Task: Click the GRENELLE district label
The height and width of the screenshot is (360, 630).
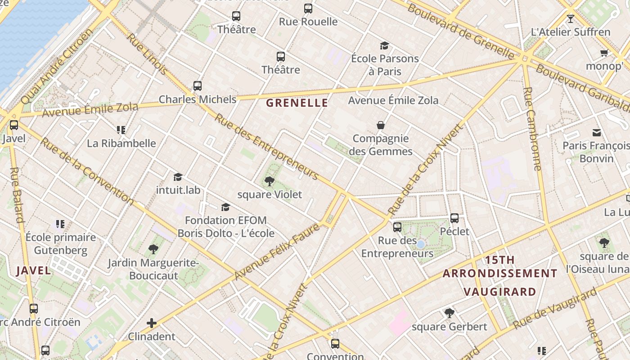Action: (x=297, y=103)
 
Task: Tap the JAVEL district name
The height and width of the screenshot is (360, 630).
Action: (x=33, y=270)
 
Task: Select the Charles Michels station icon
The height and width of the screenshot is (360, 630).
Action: (x=197, y=86)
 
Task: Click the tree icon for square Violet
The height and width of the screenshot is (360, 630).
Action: (x=270, y=181)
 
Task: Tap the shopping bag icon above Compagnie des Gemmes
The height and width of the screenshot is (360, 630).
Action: (x=381, y=125)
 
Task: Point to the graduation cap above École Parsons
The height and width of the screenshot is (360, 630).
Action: (x=384, y=45)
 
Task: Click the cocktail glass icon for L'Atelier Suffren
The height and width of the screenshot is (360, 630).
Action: (x=571, y=18)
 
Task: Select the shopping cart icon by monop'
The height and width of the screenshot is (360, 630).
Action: (x=604, y=53)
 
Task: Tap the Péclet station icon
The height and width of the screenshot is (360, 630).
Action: (x=454, y=218)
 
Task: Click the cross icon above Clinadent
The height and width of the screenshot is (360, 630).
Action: (x=152, y=323)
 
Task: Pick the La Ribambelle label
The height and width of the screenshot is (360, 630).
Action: (x=121, y=144)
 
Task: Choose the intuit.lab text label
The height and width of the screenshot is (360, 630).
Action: (x=178, y=190)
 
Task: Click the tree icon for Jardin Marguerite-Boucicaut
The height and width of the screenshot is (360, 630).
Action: (x=153, y=249)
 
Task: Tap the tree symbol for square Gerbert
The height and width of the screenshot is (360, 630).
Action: (x=449, y=313)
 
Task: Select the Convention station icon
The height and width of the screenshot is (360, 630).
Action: (x=335, y=344)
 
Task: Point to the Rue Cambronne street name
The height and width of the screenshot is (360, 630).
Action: (x=532, y=129)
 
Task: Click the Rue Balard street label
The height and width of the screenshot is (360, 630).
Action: (x=16, y=195)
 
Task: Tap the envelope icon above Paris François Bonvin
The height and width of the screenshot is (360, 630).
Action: (x=597, y=132)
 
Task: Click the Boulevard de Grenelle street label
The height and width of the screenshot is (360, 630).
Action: (x=461, y=31)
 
